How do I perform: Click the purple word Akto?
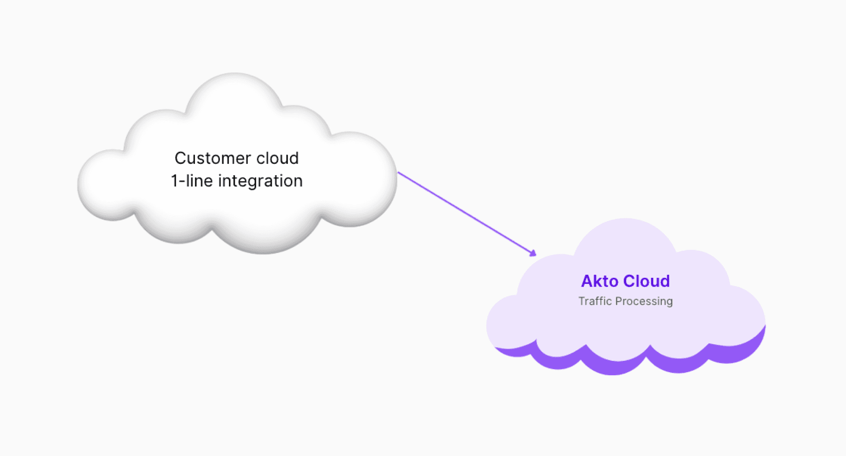(599, 281)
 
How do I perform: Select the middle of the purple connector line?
(466, 213)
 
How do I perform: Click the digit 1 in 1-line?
(174, 181)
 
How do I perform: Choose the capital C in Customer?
(180, 158)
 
